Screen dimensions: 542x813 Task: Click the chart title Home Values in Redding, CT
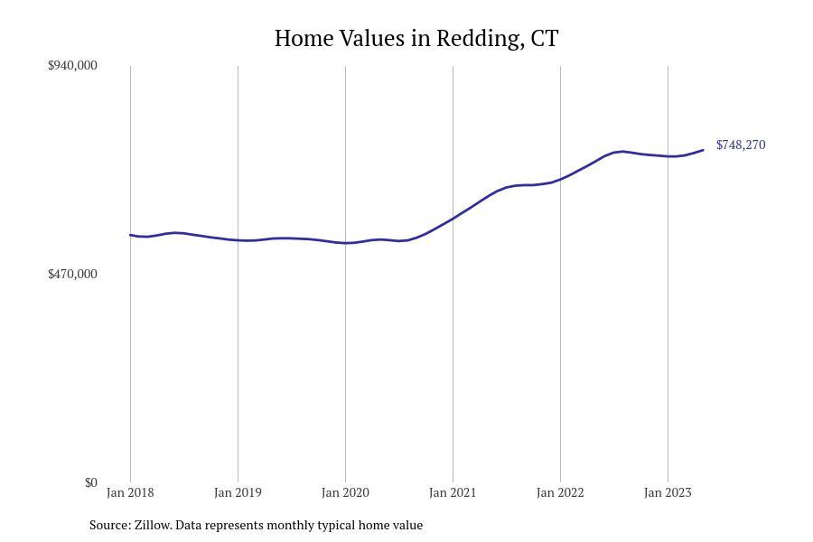(x=416, y=39)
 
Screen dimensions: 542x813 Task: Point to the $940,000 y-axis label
(x=72, y=65)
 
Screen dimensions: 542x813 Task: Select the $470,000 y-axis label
(x=72, y=274)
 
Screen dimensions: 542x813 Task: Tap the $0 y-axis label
(x=90, y=482)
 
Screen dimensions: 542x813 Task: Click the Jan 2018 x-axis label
(x=130, y=492)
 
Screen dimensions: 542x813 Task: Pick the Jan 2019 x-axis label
(x=238, y=492)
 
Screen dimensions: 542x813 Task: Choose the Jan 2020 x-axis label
(x=345, y=492)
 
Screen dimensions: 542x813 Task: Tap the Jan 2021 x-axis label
(x=453, y=492)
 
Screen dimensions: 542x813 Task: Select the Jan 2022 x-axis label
(x=560, y=492)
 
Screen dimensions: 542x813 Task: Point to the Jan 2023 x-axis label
(x=668, y=492)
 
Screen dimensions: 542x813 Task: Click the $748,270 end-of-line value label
(x=741, y=145)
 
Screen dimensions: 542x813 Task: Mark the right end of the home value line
(x=703, y=150)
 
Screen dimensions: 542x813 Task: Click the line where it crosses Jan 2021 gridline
(x=453, y=218)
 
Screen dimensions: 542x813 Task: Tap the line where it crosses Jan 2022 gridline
(x=560, y=179)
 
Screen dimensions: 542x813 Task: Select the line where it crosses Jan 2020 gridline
(x=345, y=243)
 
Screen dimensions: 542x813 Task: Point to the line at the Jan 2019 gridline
(x=238, y=240)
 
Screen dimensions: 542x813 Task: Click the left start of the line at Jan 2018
(x=131, y=235)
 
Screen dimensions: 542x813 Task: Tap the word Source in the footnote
(x=109, y=525)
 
